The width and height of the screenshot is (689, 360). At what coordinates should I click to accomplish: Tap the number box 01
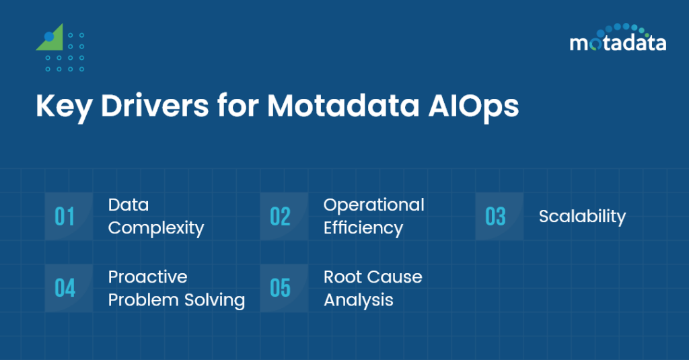(x=65, y=217)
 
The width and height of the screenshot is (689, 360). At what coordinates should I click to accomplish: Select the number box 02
(x=280, y=217)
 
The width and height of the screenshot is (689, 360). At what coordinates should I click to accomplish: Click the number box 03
(x=495, y=217)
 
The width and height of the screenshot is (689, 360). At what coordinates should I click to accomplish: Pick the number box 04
(x=65, y=288)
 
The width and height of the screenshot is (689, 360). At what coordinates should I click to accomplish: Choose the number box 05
(x=280, y=288)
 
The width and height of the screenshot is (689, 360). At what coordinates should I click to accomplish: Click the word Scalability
(x=582, y=217)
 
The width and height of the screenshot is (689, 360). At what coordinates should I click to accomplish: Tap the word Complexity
(x=155, y=228)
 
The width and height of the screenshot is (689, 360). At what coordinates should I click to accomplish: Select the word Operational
(x=373, y=205)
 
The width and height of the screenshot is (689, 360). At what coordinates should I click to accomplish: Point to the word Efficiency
(x=363, y=229)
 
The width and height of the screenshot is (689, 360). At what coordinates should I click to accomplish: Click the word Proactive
(x=147, y=277)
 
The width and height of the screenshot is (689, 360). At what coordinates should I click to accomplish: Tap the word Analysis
(x=358, y=300)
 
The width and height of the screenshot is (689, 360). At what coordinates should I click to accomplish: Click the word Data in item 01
(x=128, y=205)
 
